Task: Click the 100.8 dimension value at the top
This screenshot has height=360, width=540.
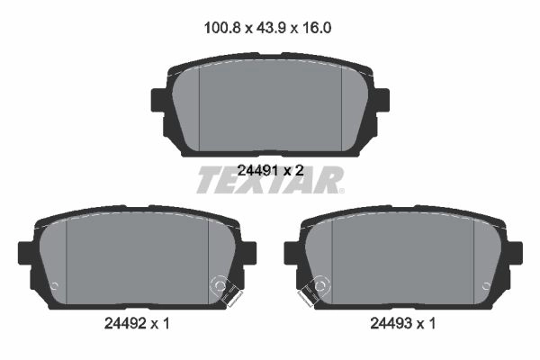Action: click(x=222, y=28)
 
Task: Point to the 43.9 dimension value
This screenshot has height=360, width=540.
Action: click(x=271, y=28)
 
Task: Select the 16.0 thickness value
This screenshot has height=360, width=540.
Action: click(x=317, y=28)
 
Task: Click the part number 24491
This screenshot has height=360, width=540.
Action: click(x=257, y=170)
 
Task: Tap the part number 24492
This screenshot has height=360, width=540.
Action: click(x=125, y=323)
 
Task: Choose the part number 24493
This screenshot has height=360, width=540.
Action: click(x=391, y=323)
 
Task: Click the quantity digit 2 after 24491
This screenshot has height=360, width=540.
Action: click(x=300, y=170)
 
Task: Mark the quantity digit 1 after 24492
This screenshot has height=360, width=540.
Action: click(x=166, y=323)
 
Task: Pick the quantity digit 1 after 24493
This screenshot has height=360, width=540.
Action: click(x=432, y=323)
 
